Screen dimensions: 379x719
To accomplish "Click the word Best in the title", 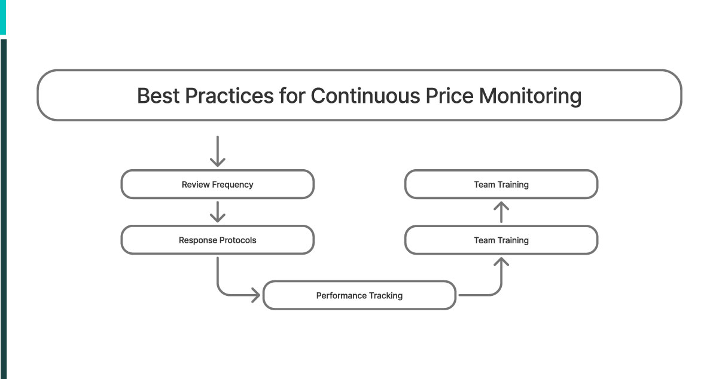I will [x=158, y=96].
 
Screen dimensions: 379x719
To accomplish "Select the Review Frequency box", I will [x=217, y=185].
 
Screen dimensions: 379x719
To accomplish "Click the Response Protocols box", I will [x=217, y=240].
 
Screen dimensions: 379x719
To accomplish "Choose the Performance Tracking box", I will [x=359, y=295].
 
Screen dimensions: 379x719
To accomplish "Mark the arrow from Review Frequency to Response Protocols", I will [x=218, y=212].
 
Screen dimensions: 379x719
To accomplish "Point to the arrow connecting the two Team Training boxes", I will [x=501, y=212].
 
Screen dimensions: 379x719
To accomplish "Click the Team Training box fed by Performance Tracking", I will [x=501, y=240].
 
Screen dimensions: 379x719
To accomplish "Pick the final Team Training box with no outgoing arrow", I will [x=501, y=185].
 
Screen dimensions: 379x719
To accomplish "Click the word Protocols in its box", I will [x=236, y=240].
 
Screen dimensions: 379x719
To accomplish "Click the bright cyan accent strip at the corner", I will [x=3, y=17].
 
